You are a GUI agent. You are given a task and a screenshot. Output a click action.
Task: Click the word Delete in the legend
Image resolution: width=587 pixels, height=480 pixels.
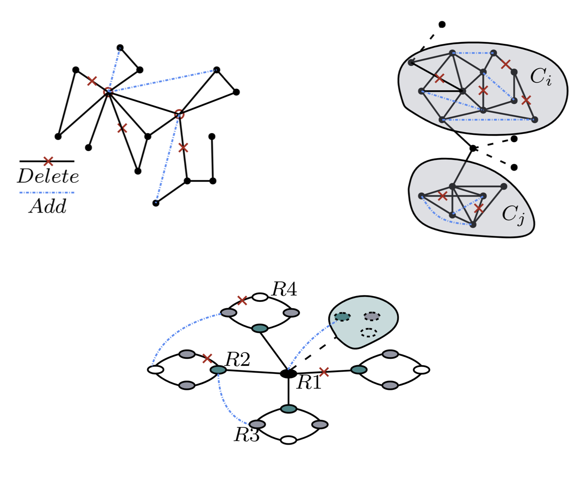point(48,176)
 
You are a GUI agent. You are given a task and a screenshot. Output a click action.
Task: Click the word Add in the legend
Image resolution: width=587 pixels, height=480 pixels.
point(48,206)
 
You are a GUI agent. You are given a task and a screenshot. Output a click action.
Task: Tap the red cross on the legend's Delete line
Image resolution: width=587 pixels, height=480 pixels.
point(48,161)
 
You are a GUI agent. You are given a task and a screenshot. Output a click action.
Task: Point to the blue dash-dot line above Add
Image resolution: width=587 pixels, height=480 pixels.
point(46,193)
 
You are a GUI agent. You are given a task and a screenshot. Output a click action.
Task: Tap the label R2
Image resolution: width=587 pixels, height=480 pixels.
point(238,360)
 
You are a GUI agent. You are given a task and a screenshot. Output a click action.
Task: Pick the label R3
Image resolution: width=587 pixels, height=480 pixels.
point(247,435)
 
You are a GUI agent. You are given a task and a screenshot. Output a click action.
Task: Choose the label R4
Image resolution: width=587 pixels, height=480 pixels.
point(284,290)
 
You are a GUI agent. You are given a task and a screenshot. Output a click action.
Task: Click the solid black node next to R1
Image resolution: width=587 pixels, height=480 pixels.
point(289,373)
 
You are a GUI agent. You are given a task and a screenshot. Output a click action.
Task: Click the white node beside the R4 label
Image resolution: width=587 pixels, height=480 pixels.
point(260,297)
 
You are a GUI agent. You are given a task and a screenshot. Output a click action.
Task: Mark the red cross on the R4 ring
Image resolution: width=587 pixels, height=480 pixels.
point(242,301)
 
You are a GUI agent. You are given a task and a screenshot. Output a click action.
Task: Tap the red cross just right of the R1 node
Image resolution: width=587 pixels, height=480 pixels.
point(324,372)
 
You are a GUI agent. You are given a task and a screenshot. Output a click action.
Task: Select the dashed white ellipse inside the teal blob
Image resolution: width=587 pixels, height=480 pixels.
point(369,332)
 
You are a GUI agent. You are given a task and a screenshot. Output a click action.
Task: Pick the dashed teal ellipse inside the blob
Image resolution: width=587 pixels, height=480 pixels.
point(343,316)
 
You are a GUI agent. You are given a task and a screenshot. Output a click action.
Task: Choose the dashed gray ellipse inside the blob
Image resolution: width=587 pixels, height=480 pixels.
point(372,316)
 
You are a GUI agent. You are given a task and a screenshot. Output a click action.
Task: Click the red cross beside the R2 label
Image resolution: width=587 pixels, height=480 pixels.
point(207,358)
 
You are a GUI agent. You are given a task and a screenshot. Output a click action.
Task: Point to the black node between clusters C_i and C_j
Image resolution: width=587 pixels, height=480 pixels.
point(473,148)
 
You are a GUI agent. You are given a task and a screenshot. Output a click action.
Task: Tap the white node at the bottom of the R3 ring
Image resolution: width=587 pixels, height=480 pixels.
point(289,440)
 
